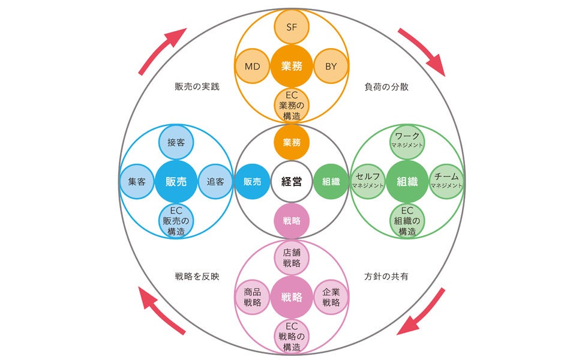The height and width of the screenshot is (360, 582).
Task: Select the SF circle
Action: [291, 28]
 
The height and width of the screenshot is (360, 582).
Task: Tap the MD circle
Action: [252, 66]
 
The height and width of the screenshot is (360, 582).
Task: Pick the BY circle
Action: [331, 66]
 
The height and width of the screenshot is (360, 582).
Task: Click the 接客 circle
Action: [176, 143]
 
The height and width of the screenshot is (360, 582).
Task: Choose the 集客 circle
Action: [137, 181]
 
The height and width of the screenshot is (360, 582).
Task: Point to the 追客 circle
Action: [215, 181]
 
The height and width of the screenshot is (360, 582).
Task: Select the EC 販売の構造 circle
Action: [176, 220]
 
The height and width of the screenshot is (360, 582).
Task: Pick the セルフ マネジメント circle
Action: [368, 181]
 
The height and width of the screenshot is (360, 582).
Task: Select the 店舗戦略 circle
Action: [291, 258]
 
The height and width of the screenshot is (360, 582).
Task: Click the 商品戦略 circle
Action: [252, 297]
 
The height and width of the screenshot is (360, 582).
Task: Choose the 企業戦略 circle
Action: [331, 297]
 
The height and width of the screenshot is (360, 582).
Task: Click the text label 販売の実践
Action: [197, 86]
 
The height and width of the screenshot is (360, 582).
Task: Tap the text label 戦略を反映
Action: [197, 277]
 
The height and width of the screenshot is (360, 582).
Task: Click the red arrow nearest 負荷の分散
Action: [422, 52]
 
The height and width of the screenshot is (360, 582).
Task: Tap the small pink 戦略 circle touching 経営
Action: [291, 220]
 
